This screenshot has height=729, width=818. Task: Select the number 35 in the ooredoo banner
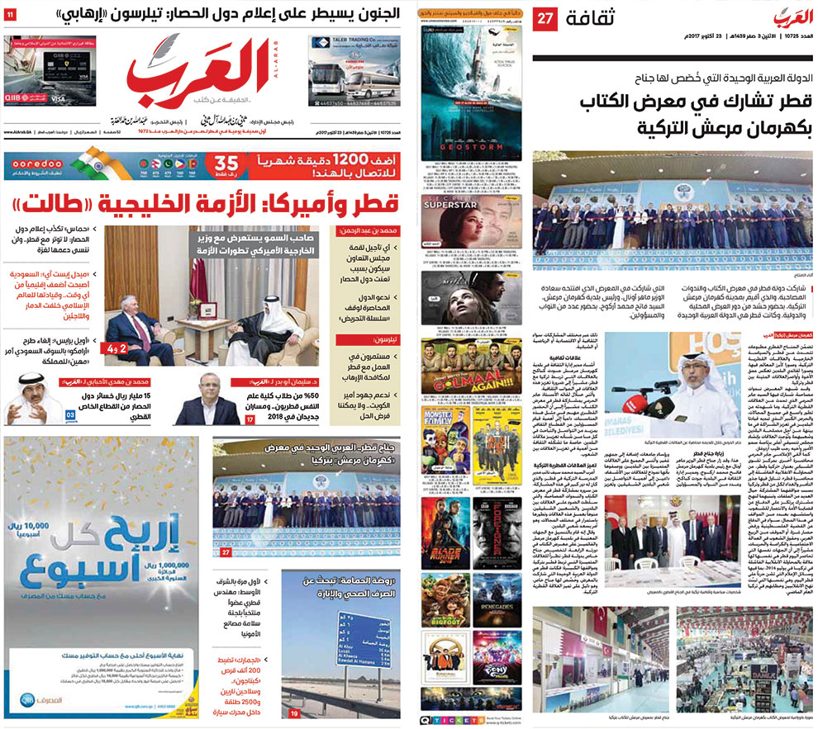coord(203,163)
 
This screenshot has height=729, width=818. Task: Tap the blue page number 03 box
coord(73,414)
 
